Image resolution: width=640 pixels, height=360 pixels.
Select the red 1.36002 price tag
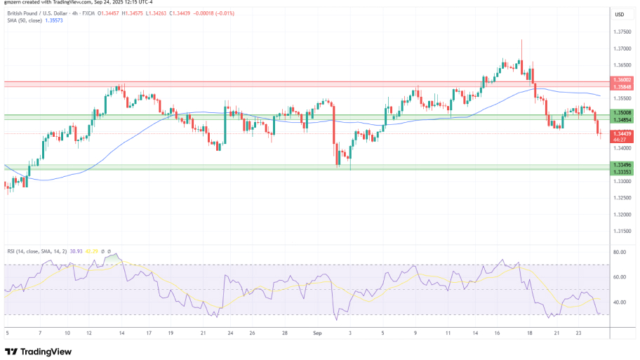pyautogui.click(x=622, y=80)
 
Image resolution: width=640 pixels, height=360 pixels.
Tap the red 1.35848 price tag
pyautogui.click(x=622, y=86)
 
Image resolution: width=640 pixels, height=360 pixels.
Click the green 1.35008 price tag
pyautogui.click(x=622, y=112)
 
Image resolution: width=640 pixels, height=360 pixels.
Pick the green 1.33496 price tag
pyautogui.click(x=622, y=166)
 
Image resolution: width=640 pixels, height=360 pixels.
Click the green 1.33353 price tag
pyautogui.click(x=622, y=172)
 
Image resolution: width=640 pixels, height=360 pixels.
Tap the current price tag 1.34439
pyautogui.click(x=622, y=133)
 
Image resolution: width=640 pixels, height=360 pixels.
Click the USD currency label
pyautogui.click(x=620, y=15)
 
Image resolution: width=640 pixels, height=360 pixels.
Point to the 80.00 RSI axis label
pyautogui.click(x=620, y=251)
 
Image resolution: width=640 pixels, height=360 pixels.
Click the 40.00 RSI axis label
pyautogui.click(x=620, y=302)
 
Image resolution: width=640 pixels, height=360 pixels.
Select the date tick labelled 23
pyautogui.click(x=577, y=335)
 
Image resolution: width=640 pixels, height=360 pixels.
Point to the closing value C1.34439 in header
pyautogui.click(x=183, y=13)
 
